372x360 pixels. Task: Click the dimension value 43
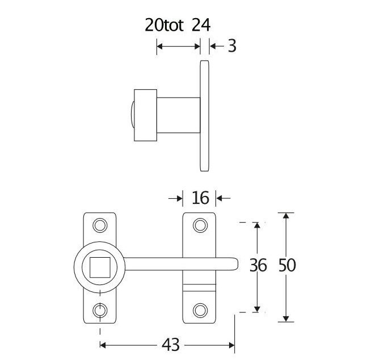point(171,345)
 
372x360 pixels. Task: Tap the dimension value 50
point(287,265)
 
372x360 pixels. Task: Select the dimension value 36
point(258,265)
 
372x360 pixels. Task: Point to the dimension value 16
point(201,198)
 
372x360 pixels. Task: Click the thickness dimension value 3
point(232,46)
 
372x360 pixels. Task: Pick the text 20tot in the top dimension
point(164,25)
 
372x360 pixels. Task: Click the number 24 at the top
point(201,25)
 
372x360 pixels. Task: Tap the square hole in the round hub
point(100,267)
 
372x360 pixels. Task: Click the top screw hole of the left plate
point(100,225)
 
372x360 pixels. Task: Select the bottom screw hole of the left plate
point(100,310)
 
